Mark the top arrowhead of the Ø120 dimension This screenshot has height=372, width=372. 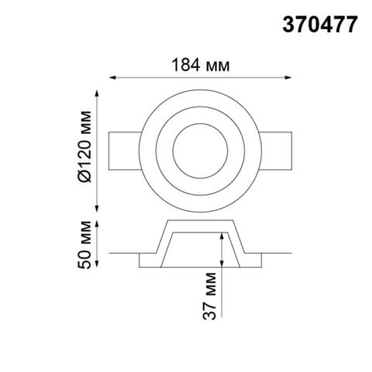pos(98,93)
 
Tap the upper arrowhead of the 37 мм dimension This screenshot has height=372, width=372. pos(222,235)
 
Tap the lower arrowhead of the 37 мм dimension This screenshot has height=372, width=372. pos(222,314)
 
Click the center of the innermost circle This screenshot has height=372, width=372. pos(201,147)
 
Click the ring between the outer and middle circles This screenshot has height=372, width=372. pos(201,102)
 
